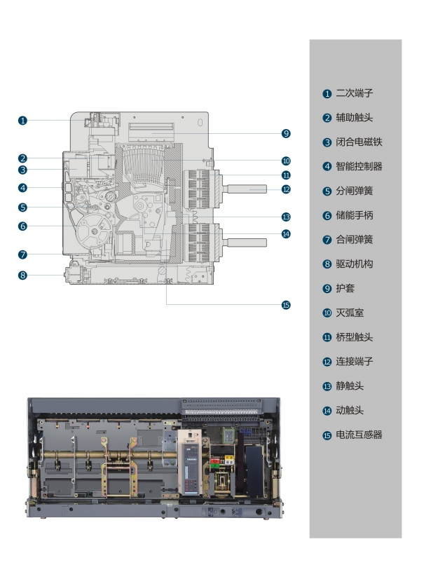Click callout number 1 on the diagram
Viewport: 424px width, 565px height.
(23, 121)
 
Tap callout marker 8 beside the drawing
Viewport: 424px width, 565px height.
(23, 275)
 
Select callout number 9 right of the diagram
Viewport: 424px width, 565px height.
(286, 133)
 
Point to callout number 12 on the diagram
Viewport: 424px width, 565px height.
(286, 189)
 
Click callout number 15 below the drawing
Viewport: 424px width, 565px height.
(286, 305)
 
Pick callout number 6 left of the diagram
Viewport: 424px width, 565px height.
(23, 226)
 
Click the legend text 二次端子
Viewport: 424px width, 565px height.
(354, 93)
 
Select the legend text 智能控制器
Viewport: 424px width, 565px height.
(359, 166)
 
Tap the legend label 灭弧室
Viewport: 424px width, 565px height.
(350, 313)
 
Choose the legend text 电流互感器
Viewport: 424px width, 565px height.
(359, 435)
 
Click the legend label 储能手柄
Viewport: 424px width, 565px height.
(354, 215)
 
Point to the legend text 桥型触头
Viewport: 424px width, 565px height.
(354, 337)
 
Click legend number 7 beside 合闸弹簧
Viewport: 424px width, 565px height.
(327, 240)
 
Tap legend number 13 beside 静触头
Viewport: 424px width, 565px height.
(327, 386)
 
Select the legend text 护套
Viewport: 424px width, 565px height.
(345, 288)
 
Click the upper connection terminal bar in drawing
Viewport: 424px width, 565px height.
(247, 189)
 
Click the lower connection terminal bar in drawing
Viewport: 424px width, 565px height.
(247, 243)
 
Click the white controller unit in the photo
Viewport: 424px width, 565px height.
(190, 462)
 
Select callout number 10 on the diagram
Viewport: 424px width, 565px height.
(286, 161)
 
